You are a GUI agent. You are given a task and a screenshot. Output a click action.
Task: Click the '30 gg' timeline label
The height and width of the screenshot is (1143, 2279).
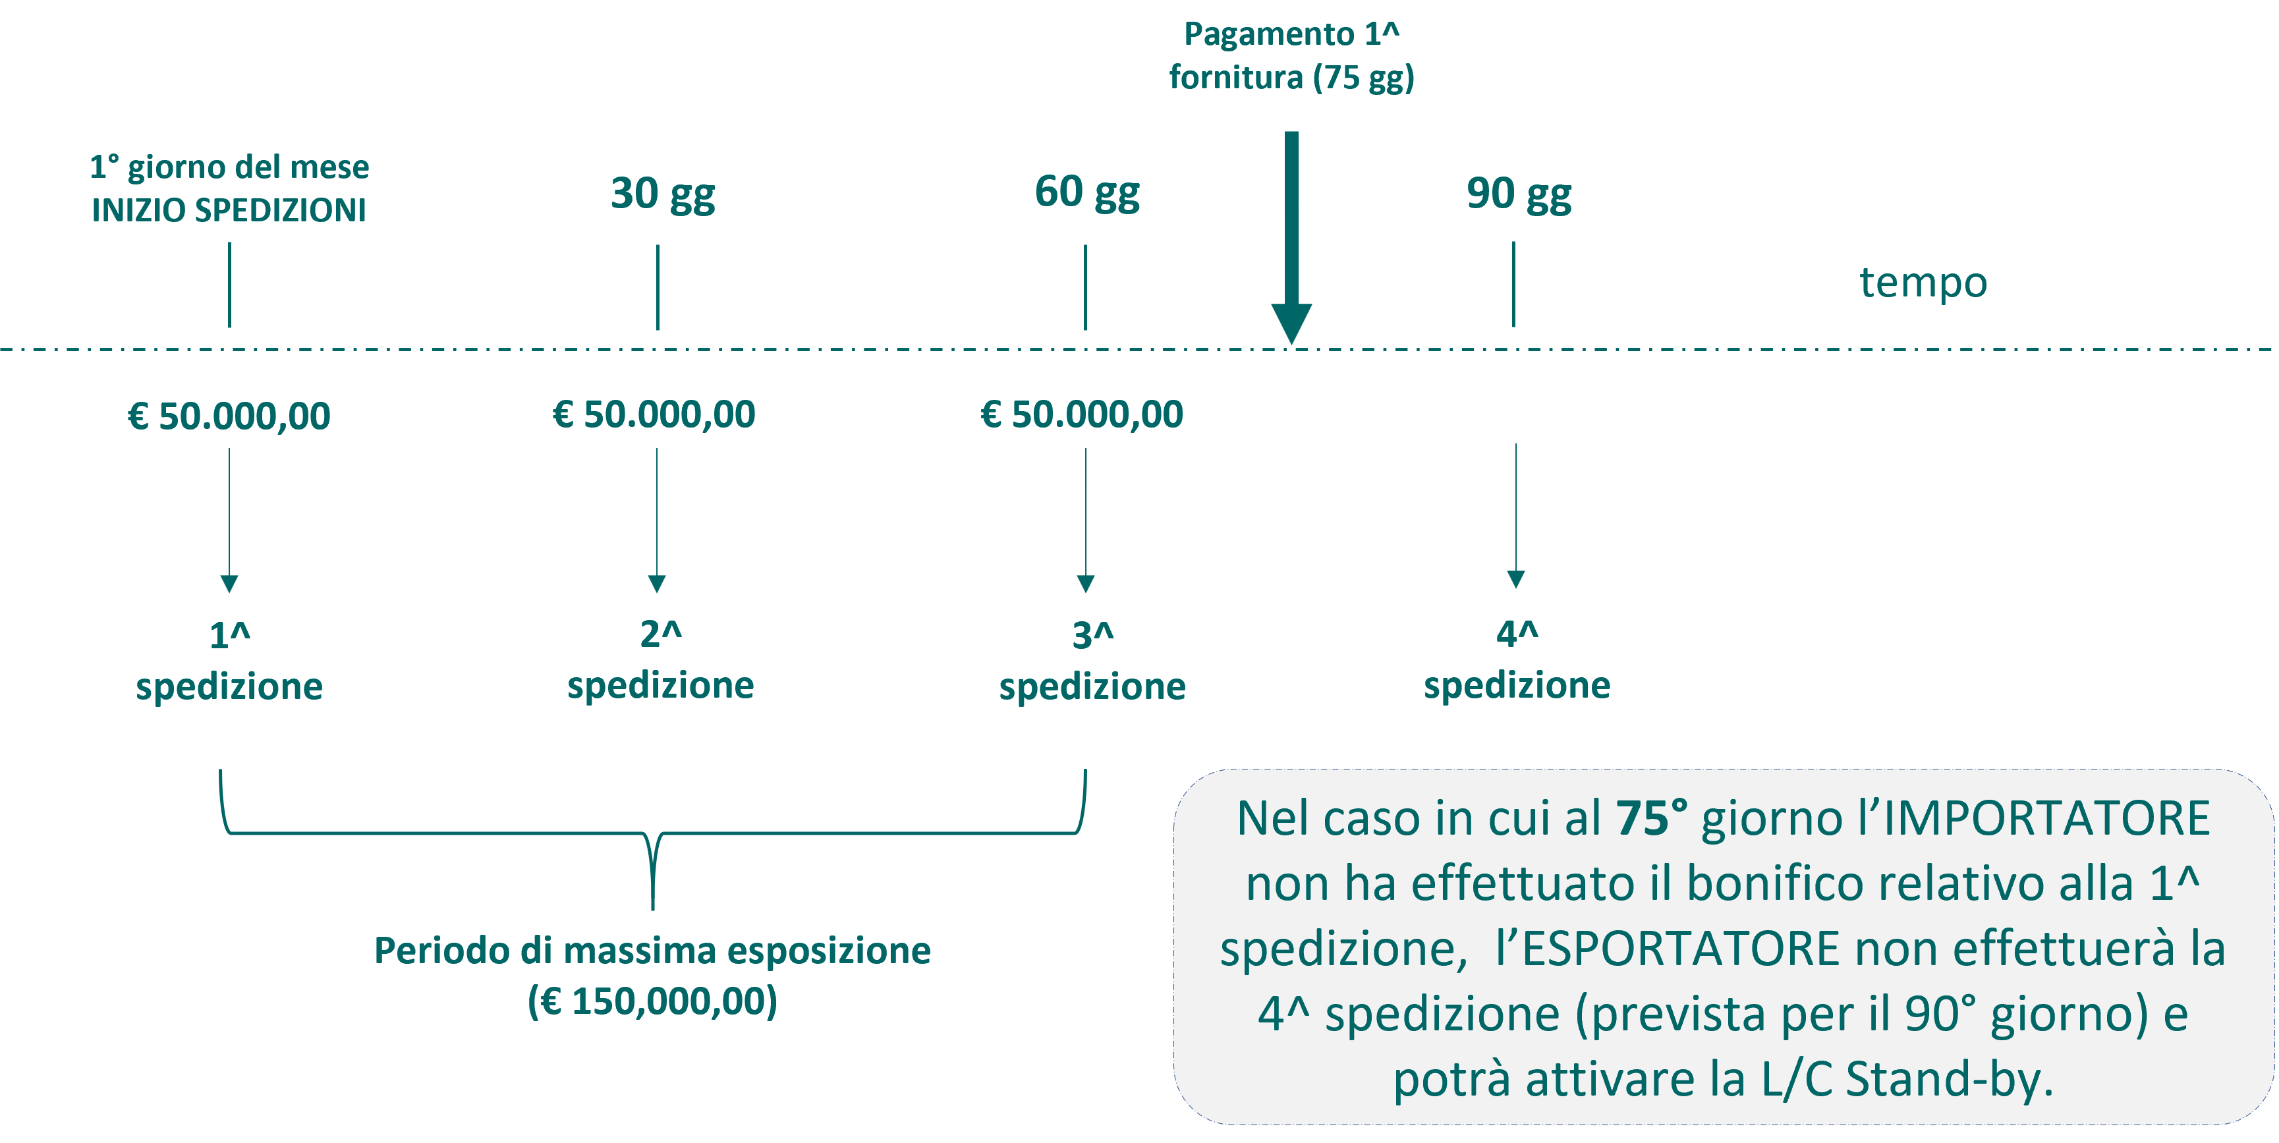tap(663, 194)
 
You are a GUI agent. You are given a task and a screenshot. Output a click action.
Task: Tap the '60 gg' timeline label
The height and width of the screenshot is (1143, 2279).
tap(1087, 192)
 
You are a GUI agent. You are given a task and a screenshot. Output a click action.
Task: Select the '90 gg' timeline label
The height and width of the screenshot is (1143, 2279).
tap(1519, 194)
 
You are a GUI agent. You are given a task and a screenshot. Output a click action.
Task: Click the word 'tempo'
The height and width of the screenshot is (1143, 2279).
tap(1923, 283)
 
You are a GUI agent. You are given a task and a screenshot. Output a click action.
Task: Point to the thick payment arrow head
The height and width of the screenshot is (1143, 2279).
tap(1291, 323)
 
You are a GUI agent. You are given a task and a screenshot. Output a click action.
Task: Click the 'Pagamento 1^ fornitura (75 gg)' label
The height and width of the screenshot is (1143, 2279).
tap(1291, 56)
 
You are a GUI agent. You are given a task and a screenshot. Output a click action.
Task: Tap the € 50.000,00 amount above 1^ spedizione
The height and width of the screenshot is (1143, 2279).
tap(229, 416)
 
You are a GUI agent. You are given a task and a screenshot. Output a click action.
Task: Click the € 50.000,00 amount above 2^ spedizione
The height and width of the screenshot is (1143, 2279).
tap(654, 414)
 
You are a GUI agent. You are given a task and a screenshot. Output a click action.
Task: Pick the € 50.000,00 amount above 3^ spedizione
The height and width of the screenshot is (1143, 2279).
tap(1082, 414)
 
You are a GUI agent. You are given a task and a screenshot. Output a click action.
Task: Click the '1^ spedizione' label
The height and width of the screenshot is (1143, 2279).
tap(229, 661)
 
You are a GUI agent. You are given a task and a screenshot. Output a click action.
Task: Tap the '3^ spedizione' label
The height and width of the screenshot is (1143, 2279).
tap(1092, 661)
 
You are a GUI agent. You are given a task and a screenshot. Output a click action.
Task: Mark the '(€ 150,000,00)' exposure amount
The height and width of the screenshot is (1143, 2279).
tap(653, 1001)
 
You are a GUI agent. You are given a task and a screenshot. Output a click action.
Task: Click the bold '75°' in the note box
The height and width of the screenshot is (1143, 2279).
tap(1651, 818)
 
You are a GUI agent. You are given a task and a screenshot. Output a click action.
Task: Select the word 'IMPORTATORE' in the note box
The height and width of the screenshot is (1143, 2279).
tap(2046, 818)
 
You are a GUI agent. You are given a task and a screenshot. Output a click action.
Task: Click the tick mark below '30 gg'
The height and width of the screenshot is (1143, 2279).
tap(658, 287)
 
